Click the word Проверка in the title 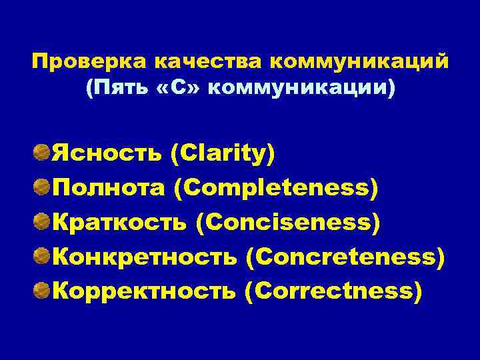[90, 63]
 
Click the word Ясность [107, 154]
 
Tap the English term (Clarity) [223, 154]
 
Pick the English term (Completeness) [276, 189]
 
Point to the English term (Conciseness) [288, 222]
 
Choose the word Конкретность [145, 256]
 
